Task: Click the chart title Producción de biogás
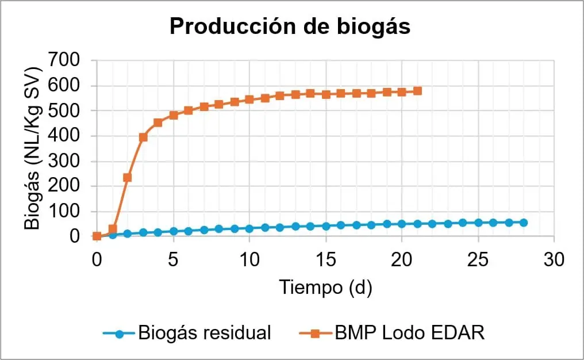click(290, 26)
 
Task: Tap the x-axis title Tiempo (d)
click(325, 286)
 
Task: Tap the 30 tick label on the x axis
click(554, 259)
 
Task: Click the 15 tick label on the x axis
click(326, 259)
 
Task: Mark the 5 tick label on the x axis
click(173, 259)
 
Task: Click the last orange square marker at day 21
click(417, 91)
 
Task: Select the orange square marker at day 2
click(128, 177)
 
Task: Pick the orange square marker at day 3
click(143, 137)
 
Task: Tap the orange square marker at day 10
click(249, 99)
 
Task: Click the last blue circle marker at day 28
click(524, 223)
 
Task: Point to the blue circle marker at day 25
click(478, 223)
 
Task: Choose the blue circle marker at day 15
click(326, 226)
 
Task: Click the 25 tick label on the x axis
click(478, 259)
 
